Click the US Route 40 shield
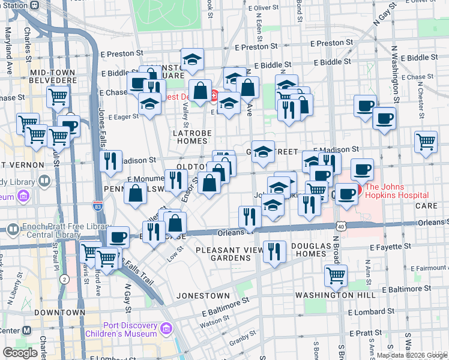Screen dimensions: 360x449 (x=341, y=226)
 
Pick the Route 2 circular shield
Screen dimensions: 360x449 (x=64, y=279)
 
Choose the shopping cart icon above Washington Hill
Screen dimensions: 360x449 (x=336, y=275)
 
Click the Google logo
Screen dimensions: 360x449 (x=20, y=353)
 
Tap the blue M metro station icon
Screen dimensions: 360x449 (x=26, y=331)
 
